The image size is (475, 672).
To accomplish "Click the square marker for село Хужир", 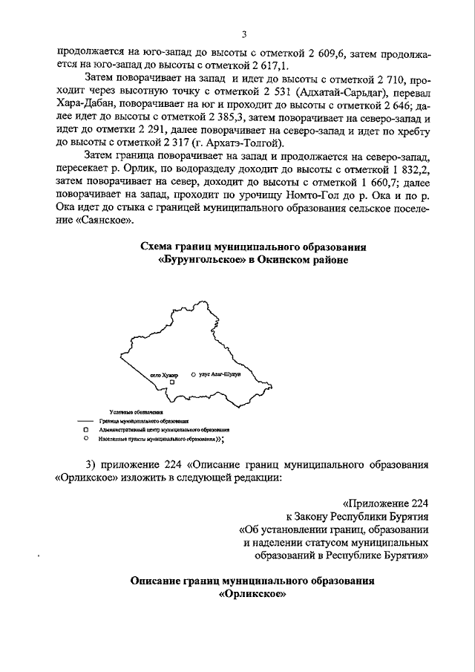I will pos(171,382).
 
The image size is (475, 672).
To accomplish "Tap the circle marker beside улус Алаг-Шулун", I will pos(193,375).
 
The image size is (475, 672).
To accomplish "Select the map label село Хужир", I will pos(164,376).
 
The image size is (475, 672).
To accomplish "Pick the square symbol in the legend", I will pos(86,429).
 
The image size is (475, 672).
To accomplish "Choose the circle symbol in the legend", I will pos(86,439).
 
